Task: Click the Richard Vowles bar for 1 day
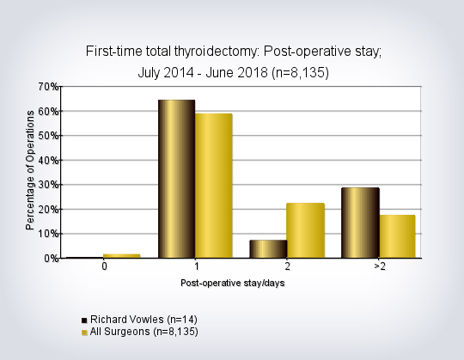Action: (x=177, y=179)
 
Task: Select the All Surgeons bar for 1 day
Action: (x=214, y=186)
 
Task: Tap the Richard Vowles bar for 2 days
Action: (x=268, y=249)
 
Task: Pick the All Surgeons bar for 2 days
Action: (x=306, y=230)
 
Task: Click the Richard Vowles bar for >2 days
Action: (x=360, y=223)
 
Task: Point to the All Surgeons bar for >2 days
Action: (x=397, y=236)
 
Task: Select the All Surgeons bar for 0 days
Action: (x=122, y=256)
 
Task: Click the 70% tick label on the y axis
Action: (x=48, y=87)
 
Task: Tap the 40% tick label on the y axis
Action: (x=48, y=161)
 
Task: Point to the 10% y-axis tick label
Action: (x=48, y=234)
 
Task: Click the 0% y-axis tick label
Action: (x=52, y=259)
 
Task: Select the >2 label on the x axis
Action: (x=380, y=266)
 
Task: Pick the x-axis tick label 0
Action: (x=104, y=266)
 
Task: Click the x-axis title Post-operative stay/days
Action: (x=233, y=283)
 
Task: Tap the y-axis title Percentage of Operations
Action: (x=30, y=170)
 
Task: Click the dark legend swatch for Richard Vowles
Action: (x=84, y=320)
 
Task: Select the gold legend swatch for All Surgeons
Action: (x=84, y=333)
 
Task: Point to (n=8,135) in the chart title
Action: (x=300, y=73)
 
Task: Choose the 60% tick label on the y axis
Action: (x=48, y=112)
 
